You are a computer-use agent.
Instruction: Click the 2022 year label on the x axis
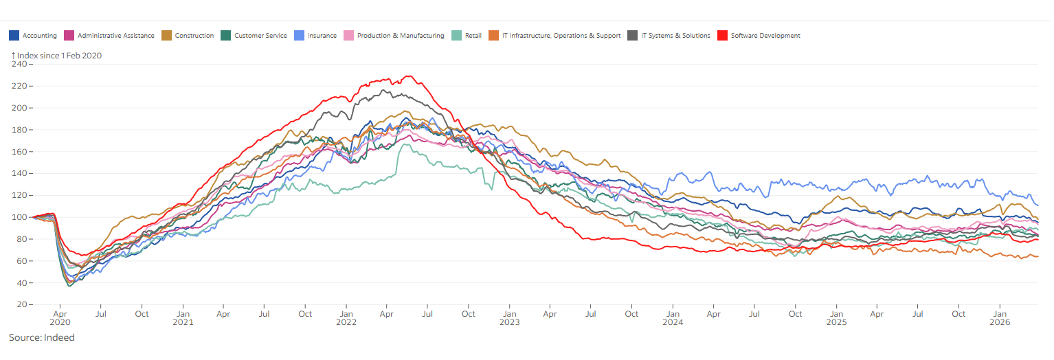pos(346,322)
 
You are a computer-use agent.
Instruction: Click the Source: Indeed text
pos(41,338)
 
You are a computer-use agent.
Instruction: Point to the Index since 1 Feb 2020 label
pos(58,56)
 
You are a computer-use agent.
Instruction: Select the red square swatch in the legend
pos(722,36)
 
